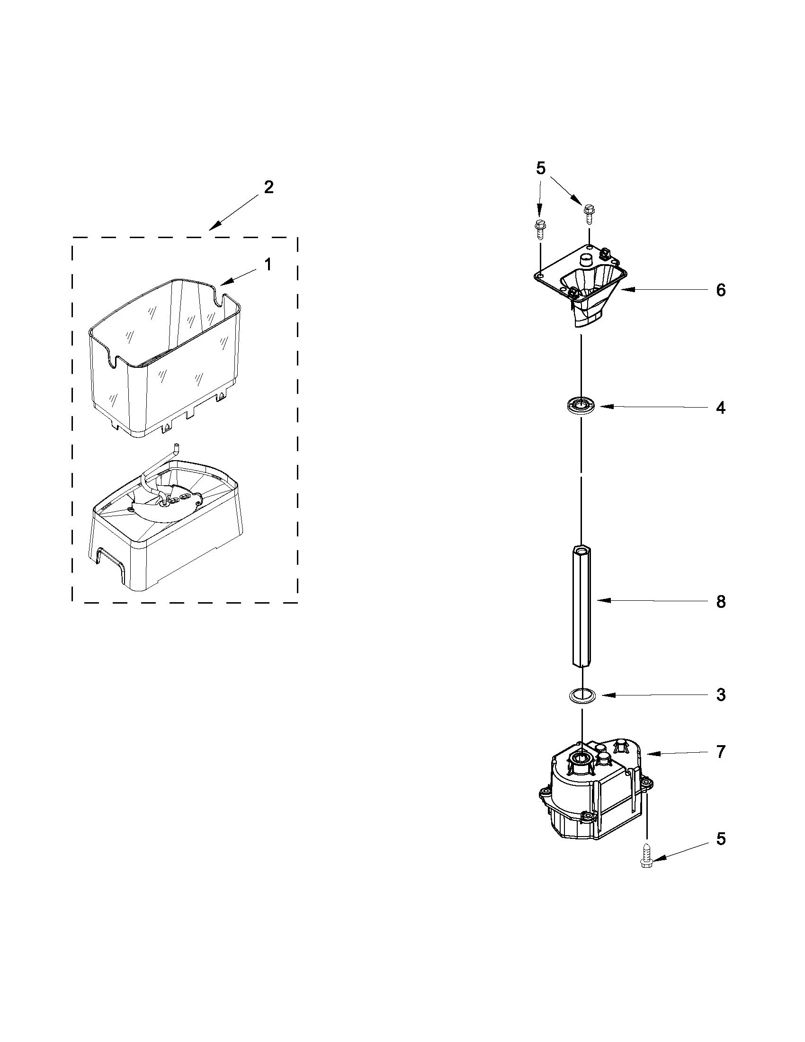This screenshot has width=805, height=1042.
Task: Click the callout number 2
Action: pyautogui.click(x=269, y=187)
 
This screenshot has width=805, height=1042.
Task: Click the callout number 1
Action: pyautogui.click(x=268, y=264)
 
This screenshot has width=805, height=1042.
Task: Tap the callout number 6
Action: pyautogui.click(x=721, y=290)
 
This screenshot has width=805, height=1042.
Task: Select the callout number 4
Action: pyautogui.click(x=721, y=408)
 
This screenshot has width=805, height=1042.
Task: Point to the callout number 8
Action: pyautogui.click(x=721, y=602)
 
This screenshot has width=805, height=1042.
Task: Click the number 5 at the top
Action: pyautogui.click(x=541, y=169)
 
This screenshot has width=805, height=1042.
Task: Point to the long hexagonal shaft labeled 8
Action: pyautogui.click(x=581, y=606)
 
